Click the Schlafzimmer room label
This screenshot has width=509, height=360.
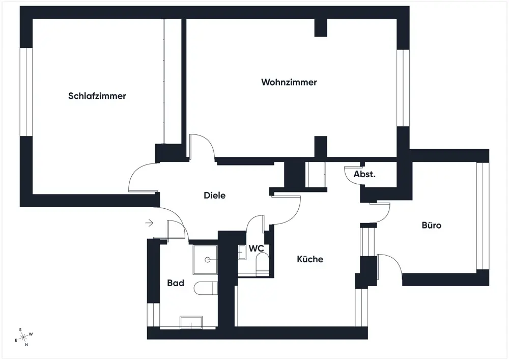(97, 96)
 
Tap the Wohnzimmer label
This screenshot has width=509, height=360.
(289, 82)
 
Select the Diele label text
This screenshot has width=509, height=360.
(214, 195)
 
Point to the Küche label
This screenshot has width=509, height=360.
(310, 259)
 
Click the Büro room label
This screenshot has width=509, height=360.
(431, 225)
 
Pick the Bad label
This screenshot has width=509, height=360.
(176, 283)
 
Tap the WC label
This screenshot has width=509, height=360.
(256, 248)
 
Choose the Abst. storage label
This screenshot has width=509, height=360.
(364, 174)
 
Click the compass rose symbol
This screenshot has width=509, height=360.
(23, 337)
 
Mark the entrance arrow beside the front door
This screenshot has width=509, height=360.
(149, 223)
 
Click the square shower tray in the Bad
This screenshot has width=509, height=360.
(205, 259)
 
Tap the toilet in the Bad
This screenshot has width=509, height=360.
(206, 288)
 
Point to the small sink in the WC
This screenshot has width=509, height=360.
(242, 252)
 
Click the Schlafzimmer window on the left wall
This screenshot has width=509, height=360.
(26, 92)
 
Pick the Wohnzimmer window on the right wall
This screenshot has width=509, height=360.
(403, 88)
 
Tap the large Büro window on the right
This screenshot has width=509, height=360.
(482, 216)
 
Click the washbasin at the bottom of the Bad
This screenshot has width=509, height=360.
(191, 322)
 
